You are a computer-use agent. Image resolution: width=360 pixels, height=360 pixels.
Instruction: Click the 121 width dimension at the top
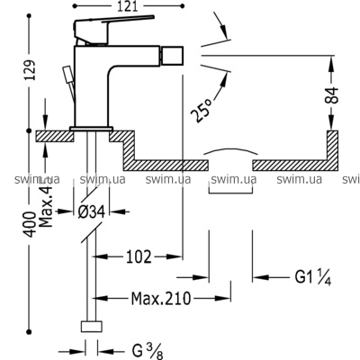(x=129, y=6)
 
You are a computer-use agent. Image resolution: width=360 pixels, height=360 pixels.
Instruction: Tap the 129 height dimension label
(x=30, y=70)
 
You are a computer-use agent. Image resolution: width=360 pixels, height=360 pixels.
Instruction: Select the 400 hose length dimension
(x=30, y=224)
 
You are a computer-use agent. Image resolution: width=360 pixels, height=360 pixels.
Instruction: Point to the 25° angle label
(x=202, y=111)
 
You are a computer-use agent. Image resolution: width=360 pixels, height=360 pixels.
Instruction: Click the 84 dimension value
(x=332, y=95)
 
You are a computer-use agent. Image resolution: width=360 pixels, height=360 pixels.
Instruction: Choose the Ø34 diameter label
(x=92, y=212)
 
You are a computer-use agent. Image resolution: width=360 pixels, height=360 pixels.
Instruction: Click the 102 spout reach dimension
(x=139, y=257)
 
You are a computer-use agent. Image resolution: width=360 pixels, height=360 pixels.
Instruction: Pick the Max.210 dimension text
(x=161, y=299)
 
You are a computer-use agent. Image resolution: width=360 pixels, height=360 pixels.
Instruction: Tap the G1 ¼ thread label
(x=313, y=277)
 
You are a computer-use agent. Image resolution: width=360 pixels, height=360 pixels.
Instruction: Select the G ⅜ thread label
(x=148, y=351)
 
